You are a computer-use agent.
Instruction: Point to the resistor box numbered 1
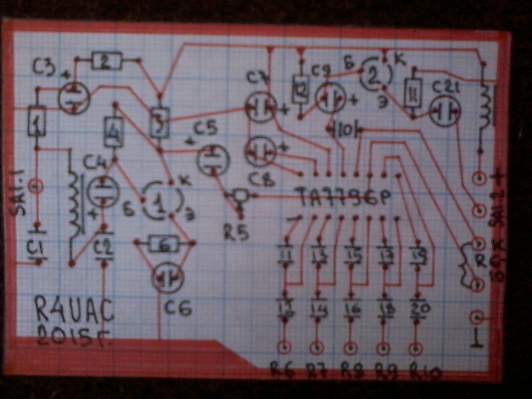[37, 121]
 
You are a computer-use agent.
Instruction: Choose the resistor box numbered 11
[413, 93]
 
